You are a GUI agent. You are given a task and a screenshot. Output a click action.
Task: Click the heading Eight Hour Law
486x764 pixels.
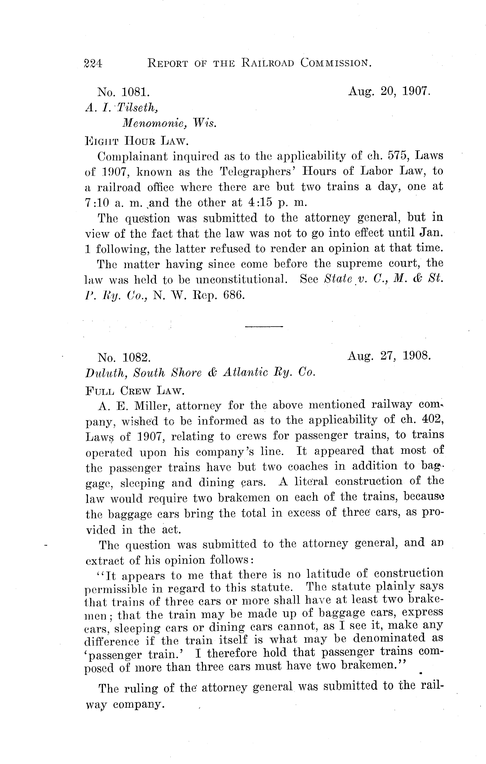[137, 140]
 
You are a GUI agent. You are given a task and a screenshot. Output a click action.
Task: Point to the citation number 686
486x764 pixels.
[234, 295]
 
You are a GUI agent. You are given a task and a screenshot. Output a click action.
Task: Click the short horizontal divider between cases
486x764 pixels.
[264, 326]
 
